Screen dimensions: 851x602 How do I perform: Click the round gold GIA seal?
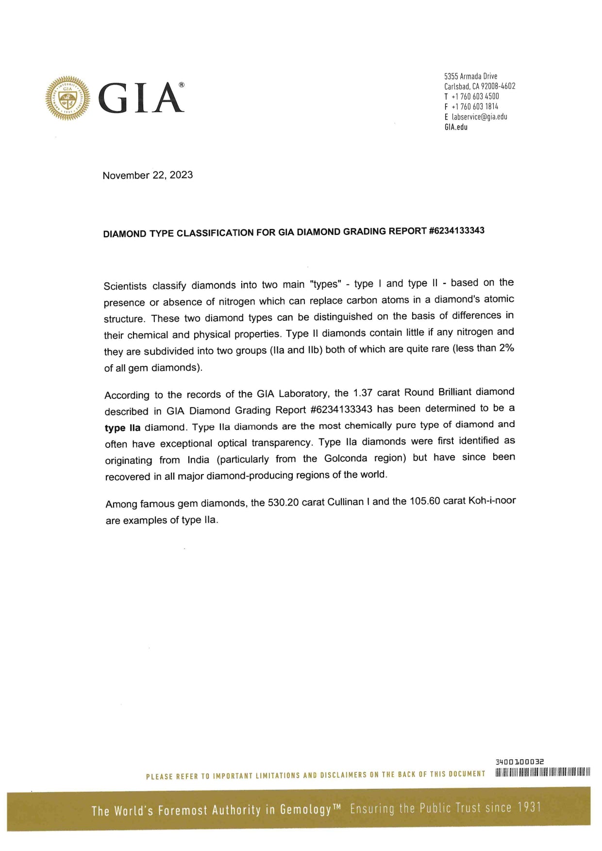(x=67, y=98)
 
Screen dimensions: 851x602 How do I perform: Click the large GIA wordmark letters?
(x=141, y=98)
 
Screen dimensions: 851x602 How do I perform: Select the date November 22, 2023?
(x=148, y=175)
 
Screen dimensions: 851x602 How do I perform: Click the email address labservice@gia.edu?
(x=479, y=117)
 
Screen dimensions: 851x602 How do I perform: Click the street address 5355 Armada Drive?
(x=470, y=76)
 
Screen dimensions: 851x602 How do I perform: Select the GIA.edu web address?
(x=456, y=127)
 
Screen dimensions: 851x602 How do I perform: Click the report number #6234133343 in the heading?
(x=457, y=230)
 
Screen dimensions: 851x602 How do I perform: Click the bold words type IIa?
(x=122, y=428)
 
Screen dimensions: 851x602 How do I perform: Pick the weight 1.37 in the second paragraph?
(x=363, y=393)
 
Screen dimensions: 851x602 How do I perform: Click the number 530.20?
(x=283, y=502)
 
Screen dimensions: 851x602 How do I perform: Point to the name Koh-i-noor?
(x=491, y=501)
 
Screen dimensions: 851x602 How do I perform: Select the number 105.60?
(x=425, y=501)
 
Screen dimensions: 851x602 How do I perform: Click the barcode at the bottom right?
(x=542, y=772)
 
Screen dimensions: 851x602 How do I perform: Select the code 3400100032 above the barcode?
(x=519, y=762)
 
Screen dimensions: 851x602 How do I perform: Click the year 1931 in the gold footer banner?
(x=529, y=808)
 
